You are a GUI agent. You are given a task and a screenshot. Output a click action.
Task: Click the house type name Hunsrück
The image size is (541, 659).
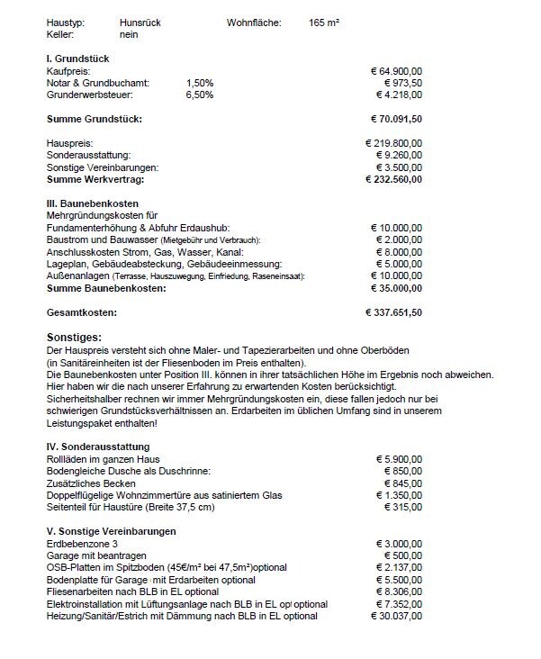pos(140,23)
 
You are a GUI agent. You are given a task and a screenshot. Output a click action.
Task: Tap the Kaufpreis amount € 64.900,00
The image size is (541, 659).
pos(402,70)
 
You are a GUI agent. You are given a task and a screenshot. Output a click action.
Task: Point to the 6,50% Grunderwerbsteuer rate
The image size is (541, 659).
pos(199,94)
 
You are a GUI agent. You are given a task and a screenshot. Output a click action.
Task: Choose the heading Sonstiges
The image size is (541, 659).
pos(75,336)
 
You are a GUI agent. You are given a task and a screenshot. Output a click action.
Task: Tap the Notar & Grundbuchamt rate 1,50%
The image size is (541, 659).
pos(199,82)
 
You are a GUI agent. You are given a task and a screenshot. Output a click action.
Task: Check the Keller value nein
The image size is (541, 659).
pos(128,34)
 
